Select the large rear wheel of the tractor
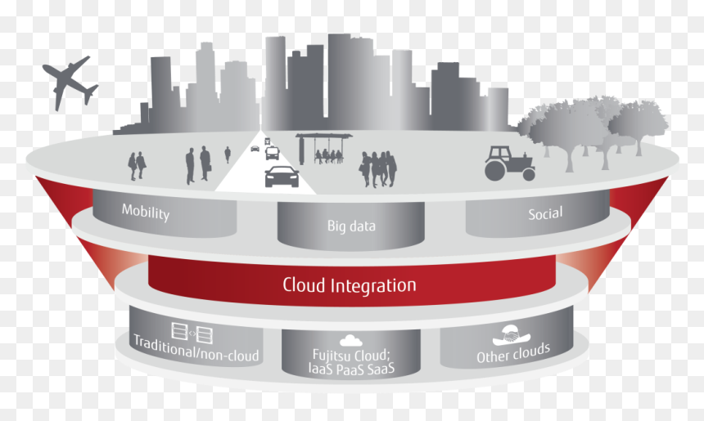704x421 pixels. point(494,170)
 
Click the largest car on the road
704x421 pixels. point(282,177)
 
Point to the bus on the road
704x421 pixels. point(272,153)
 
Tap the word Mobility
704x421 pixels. point(146,212)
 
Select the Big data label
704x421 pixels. point(351,226)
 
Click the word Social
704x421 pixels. point(545,214)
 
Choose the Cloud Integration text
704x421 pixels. point(350,285)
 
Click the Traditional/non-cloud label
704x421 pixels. point(196,349)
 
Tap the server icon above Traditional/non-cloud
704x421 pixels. point(192,333)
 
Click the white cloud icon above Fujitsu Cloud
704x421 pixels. point(351,341)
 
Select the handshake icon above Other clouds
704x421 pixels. point(511,335)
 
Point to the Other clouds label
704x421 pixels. point(513,353)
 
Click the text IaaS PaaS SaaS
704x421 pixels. point(351,369)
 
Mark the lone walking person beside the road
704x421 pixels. point(228,155)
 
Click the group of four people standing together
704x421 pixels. point(377,169)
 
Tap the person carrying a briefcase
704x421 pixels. point(205,163)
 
